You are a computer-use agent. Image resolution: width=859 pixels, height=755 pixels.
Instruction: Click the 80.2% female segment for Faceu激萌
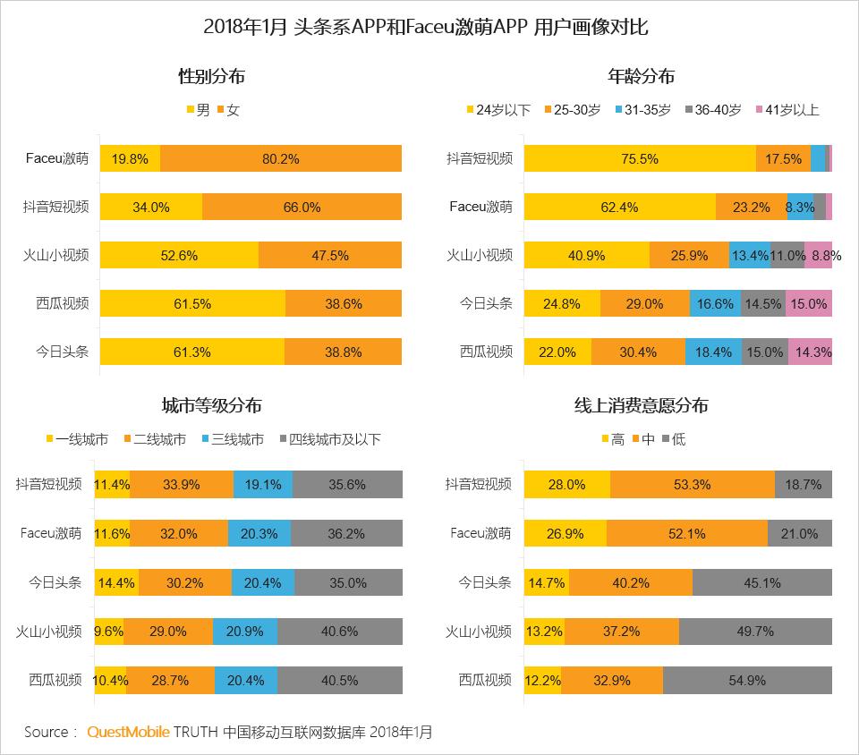click(281, 158)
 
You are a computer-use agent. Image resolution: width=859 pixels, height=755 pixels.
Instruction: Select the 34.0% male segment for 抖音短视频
click(150, 207)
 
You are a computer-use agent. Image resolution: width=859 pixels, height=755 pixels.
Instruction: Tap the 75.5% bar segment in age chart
click(640, 158)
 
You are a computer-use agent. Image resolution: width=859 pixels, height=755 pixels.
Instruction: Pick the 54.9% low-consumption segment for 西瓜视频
click(747, 680)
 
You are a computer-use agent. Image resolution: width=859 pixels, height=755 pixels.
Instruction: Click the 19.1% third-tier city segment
click(263, 485)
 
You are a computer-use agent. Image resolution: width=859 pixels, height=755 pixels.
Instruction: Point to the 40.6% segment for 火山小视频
click(340, 631)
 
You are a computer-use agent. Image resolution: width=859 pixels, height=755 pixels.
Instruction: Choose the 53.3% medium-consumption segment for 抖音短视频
click(692, 485)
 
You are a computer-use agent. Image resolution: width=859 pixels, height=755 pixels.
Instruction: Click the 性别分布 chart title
click(212, 77)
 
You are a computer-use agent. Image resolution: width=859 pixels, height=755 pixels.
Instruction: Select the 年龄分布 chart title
click(642, 77)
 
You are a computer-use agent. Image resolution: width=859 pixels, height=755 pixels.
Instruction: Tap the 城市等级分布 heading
click(212, 406)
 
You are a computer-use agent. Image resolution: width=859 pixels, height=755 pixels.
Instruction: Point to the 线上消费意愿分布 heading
click(642, 406)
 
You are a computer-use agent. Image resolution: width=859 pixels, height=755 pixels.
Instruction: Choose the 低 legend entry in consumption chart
click(672, 440)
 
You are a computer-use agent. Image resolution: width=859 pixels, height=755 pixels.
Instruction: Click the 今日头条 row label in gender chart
click(62, 352)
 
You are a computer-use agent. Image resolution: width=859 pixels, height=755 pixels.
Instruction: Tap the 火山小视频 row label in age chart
click(480, 255)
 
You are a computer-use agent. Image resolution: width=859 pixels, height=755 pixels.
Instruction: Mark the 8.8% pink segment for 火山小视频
click(819, 255)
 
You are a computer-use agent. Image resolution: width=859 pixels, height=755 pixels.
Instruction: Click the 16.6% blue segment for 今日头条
click(715, 303)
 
